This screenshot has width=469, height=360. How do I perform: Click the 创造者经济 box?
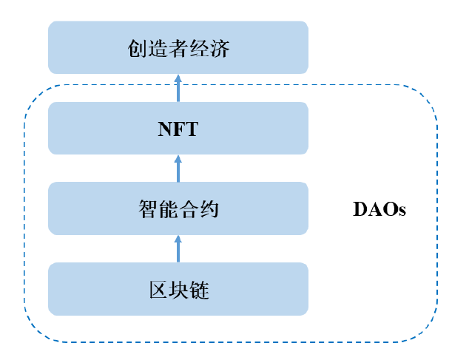[178, 47]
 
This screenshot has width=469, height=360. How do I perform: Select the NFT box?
[178, 129]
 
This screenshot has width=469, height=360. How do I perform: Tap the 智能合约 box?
[178, 208]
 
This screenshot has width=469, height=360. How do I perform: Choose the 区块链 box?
[178, 289]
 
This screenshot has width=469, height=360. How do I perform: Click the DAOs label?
[379, 208]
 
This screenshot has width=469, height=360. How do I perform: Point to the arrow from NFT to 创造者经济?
[178, 88]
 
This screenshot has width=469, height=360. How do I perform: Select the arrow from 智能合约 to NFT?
[178, 169]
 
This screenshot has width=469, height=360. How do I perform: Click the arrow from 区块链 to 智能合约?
[178, 249]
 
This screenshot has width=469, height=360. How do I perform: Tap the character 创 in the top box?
[138, 49]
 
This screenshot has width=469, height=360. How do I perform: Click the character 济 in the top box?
[220, 49]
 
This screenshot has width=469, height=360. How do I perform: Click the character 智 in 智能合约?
[148, 208]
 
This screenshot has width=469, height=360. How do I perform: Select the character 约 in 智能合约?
[209, 208]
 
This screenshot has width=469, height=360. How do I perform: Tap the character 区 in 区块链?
[158, 290]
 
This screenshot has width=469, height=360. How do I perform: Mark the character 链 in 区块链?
[199, 290]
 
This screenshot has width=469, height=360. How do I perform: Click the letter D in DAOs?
[360, 208]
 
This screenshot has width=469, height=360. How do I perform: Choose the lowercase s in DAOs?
[402, 211]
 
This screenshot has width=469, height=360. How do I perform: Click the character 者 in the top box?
[178, 49]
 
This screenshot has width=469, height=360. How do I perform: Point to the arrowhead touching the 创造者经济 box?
[178, 78]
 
